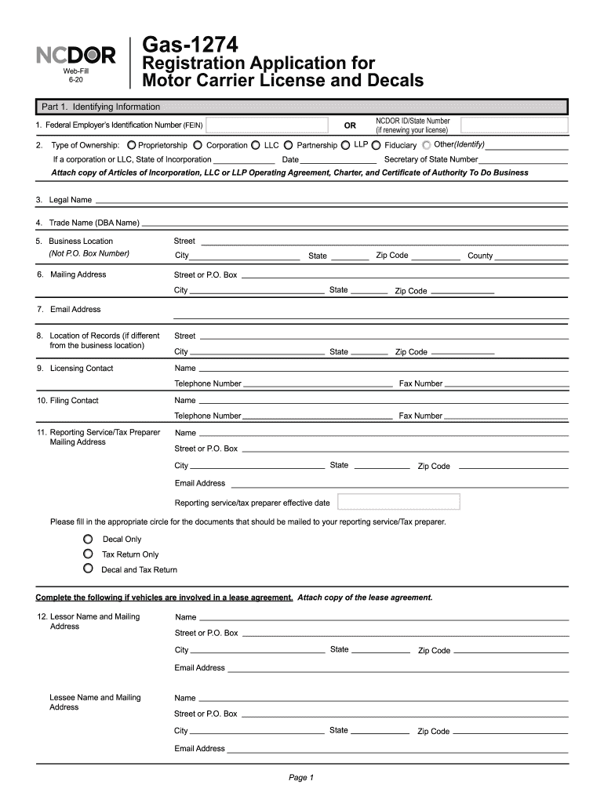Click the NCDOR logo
(76, 56)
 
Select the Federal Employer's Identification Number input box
(267, 125)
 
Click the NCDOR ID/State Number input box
(514, 125)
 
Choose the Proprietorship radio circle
(131, 145)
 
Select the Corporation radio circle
(198, 145)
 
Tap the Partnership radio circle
(289, 145)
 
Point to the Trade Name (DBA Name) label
(93, 223)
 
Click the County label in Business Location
(480, 256)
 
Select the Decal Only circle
(89, 539)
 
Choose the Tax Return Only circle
(89, 554)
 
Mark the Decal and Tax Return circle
(89, 569)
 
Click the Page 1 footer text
(301, 777)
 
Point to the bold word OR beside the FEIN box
(350, 125)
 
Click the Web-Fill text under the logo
(76, 71)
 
